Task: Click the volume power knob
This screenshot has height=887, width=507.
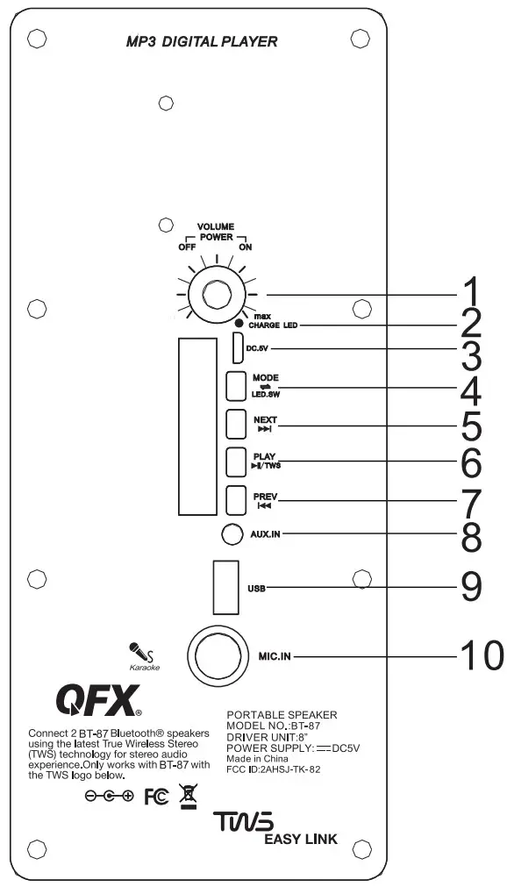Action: pyautogui.click(x=215, y=296)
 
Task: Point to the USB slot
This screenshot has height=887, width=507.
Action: pyautogui.click(x=225, y=586)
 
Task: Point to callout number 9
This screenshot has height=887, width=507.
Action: pyautogui.click(x=471, y=587)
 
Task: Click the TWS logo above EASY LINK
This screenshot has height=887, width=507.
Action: pyautogui.click(x=243, y=822)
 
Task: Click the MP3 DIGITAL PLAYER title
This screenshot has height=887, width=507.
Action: pyautogui.click(x=202, y=40)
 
